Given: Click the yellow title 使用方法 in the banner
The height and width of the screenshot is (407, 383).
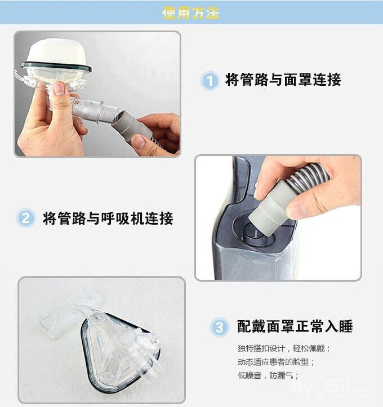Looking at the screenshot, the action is click(x=191, y=12).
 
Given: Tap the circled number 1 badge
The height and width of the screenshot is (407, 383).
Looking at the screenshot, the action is click(x=210, y=80).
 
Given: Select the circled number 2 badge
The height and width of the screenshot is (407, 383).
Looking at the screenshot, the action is click(x=25, y=218).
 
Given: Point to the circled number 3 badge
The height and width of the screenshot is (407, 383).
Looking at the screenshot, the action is click(x=219, y=327).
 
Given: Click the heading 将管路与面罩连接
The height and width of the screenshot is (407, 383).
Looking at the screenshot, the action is click(x=283, y=80).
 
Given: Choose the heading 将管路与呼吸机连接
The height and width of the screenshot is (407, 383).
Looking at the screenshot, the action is click(x=108, y=218).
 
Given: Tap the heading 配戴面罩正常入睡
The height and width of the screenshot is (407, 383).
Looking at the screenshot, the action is click(x=295, y=326).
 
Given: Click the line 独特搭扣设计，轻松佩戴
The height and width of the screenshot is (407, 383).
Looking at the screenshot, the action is click(x=284, y=348).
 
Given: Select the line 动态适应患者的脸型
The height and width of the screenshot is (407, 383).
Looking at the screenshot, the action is click(x=276, y=362).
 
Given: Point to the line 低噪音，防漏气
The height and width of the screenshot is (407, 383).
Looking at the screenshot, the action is click(x=268, y=375).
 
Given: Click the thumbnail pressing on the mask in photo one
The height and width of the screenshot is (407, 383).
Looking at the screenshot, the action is click(x=59, y=88).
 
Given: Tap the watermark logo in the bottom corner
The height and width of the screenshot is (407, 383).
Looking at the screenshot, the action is click(x=329, y=388).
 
